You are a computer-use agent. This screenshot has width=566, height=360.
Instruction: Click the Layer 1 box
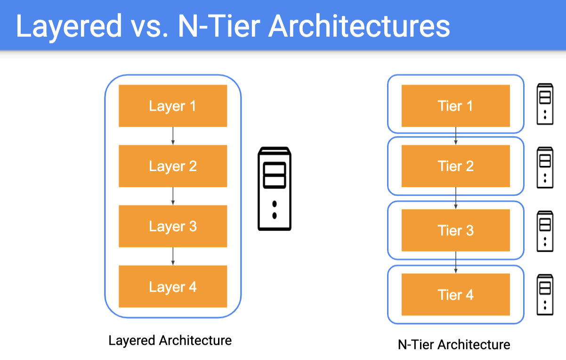pos(173,106)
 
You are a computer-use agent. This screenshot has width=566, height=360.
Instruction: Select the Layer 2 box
pos(173,166)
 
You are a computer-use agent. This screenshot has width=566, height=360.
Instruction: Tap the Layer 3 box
pos(173,226)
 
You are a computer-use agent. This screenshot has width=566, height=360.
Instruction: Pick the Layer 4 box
pos(173,286)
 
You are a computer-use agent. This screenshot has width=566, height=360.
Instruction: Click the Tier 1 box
pos(456,106)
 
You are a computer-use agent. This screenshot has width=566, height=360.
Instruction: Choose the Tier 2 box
pos(456,166)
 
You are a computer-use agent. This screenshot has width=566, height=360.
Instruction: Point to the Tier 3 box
pos(456,230)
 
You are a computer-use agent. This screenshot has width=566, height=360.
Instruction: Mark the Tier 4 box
pos(456,295)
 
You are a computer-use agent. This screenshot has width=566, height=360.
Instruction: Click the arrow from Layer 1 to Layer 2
pos(173,136)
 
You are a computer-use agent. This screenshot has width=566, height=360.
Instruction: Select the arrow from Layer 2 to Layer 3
pos(173,196)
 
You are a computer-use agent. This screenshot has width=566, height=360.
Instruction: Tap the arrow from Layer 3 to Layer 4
pos(173,256)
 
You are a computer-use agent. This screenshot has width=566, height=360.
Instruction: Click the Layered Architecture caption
pos(170,341)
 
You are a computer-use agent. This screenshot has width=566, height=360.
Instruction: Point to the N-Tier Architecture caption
pos(454,344)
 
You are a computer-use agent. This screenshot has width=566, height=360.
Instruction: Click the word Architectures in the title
pos(359,26)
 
